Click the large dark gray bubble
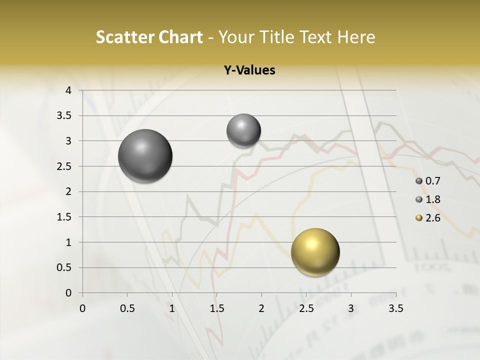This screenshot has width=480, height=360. click(x=145, y=156)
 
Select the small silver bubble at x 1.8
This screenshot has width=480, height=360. click(x=243, y=130)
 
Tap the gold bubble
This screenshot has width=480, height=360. click(x=315, y=252)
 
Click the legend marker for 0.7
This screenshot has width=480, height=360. click(x=419, y=181)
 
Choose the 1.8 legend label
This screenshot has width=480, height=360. click(x=433, y=199)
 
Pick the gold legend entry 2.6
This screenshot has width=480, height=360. click(x=433, y=218)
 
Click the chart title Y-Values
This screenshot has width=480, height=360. click(x=249, y=70)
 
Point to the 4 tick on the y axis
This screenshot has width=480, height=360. click(x=69, y=90)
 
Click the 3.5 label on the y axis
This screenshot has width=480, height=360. click(x=65, y=116)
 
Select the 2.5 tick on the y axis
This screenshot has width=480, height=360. click(x=65, y=166)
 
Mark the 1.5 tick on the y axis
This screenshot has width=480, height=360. click(x=65, y=217)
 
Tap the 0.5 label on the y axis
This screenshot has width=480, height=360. click(x=65, y=267)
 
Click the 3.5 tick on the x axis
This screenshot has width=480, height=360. click(x=396, y=308)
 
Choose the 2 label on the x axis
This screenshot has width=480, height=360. click(x=261, y=308)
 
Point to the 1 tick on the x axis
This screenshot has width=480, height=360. click(x=172, y=308)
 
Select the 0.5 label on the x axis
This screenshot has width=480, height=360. click(x=127, y=308)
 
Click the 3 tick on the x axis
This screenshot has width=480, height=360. click(x=351, y=308)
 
